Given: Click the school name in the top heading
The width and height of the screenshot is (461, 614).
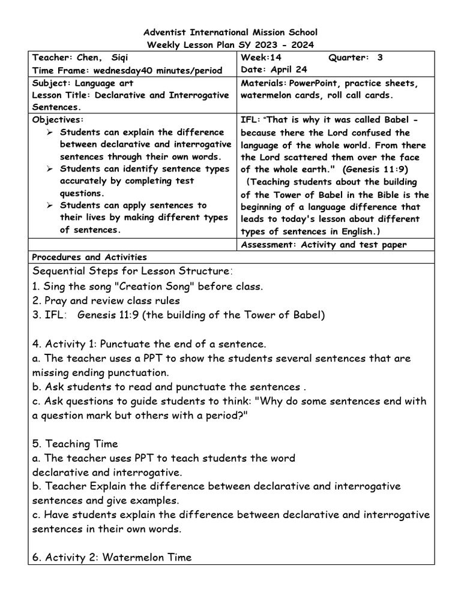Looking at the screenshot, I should [x=230, y=32].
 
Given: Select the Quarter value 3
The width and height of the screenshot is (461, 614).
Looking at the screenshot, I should [x=379, y=58].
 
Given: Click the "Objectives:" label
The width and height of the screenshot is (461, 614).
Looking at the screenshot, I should [x=58, y=119].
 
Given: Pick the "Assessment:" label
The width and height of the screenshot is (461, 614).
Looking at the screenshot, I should [x=268, y=245].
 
